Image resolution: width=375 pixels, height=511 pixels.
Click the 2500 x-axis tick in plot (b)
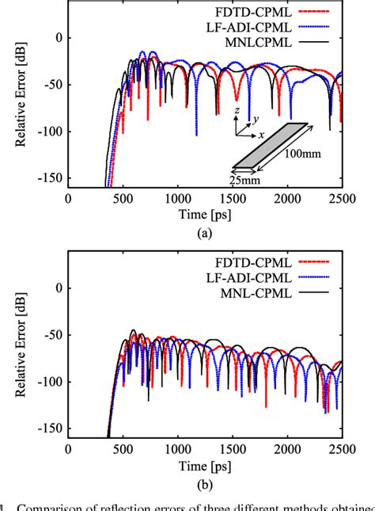341,449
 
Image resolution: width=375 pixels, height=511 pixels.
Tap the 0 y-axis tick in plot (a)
57,37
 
